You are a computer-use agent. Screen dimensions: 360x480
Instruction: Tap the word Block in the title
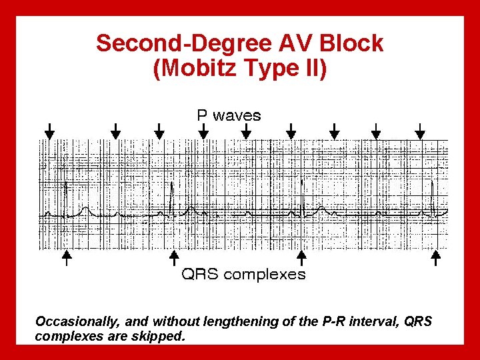coord(351,44)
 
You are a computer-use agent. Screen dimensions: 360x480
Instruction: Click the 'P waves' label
coord(229,115)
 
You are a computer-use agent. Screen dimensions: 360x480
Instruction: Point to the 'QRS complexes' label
coord(244,274)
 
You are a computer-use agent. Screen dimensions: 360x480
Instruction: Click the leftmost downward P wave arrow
coord(49,131)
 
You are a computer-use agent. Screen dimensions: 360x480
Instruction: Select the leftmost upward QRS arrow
coord(66,257)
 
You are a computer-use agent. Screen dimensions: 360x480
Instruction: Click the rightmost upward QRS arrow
coord(437,257)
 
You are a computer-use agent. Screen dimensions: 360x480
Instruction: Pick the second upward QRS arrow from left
coord(174,257)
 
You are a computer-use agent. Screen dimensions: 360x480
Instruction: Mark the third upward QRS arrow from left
coord(301,257)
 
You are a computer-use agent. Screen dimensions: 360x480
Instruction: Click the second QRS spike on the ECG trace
coord(172,197)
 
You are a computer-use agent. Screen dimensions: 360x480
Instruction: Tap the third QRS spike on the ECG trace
coord(302,197)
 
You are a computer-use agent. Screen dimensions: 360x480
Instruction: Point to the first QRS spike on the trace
coord(65,197)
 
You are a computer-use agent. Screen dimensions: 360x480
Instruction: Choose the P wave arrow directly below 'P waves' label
coord(246,131)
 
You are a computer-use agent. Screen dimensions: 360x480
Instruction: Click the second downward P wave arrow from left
coord(115,131)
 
